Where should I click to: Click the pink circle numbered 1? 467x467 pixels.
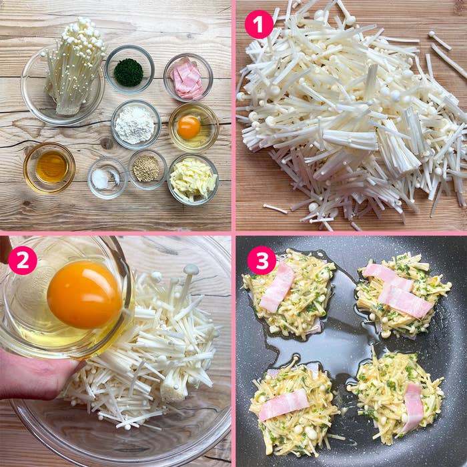259,25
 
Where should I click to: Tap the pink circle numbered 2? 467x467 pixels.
23,260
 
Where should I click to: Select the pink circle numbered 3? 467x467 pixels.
262,260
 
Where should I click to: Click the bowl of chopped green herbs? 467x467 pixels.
129,69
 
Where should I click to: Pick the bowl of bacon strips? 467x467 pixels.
188,77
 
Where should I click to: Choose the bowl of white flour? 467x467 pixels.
136,125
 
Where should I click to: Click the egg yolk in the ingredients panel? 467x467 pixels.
189,127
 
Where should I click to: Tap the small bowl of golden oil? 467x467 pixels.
49,168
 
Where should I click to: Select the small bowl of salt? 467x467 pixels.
107,178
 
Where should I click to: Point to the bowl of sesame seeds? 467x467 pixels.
147,169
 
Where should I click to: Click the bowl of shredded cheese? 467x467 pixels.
193,179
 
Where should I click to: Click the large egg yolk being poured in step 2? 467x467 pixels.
85,294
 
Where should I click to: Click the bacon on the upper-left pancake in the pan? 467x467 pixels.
277,288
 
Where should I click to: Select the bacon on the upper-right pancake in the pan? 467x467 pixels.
398,290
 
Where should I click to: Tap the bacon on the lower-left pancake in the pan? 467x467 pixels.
284,404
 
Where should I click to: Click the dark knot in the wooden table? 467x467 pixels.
107,143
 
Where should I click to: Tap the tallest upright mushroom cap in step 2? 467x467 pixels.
191,270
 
